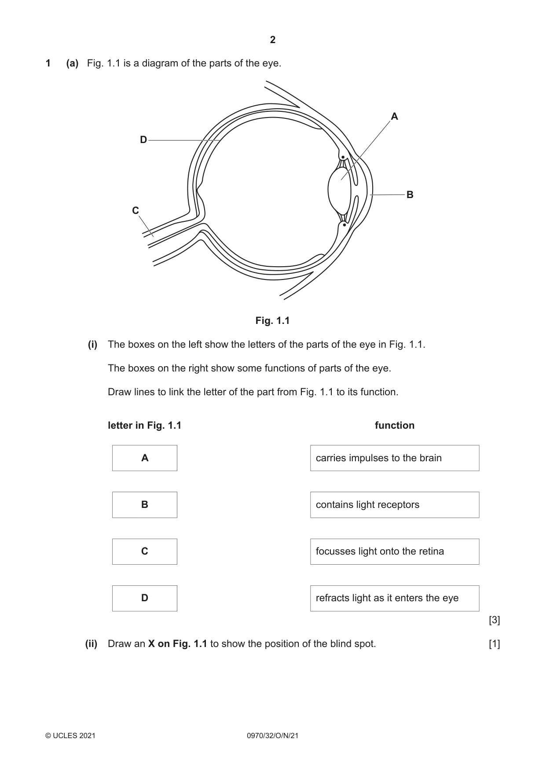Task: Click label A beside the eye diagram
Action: pos(394,117)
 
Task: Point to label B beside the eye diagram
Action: pos(410,195)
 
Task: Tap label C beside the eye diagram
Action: pos(136,211)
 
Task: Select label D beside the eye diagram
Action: pos(143,140)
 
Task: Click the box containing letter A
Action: pos(145,458)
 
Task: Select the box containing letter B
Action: pos(145,505)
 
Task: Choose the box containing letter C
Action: pos(145,551)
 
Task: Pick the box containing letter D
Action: pos(145,598)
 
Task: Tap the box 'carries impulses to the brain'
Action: pos(395,458)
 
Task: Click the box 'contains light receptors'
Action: pos(395,505)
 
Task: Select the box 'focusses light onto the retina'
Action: pos(395,551)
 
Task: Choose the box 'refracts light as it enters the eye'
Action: pos(395,598)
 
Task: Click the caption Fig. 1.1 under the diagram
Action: pos(273,321)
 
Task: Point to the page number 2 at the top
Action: pos(273,40)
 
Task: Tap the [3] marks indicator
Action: pos(495,620)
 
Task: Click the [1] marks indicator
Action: pos(495,644)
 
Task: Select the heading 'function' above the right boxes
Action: pos(395,426)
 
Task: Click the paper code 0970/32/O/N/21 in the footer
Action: pos(273,735)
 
